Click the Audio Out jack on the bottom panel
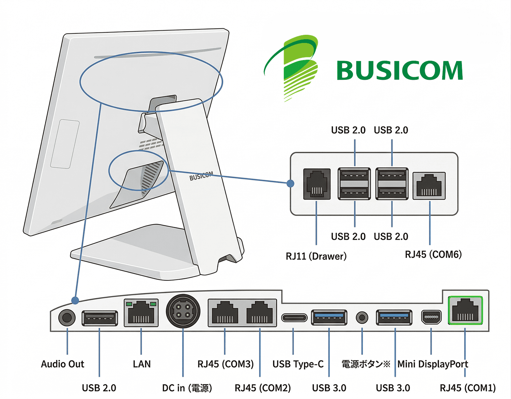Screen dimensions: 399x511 coord(67,318)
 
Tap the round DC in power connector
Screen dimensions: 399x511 coord(183,311)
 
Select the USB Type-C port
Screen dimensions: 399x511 coord(294,318)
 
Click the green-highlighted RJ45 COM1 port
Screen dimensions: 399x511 coord(465,310)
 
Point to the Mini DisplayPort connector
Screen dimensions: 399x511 coord(431,317)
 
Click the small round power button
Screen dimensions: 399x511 coord(362,318)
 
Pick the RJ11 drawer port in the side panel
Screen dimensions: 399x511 coord(317,184)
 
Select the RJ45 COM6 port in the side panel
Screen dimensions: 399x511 coord(429,186)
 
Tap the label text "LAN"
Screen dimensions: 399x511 coord(142,364)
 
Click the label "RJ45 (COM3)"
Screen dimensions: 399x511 coord(226,364)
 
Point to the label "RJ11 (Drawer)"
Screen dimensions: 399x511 coord(316,256)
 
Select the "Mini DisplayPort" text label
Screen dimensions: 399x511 coord(433,364)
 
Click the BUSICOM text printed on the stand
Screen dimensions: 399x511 coord(201,176)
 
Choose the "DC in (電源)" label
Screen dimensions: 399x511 coord(187,388)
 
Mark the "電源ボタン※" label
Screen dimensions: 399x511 coord(366,364)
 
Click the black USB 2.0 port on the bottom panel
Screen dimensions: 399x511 coord(99,319)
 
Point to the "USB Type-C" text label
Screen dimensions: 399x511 coord(298,364)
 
